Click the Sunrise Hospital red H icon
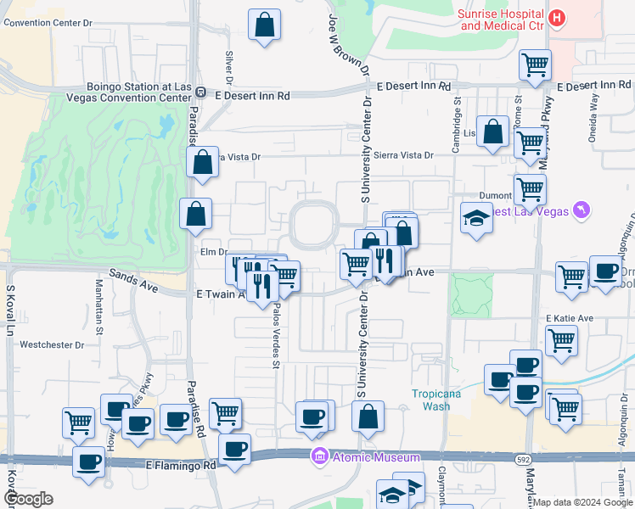pyautogui.click(x=557, y=18)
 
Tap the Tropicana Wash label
pyautogui.click(x=430, y=400)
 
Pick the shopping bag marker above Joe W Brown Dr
pyautogui.click(x=265, y=25)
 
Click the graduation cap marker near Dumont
pyautogui.click(x=476, y=219)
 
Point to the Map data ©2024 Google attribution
pyautogui.click(x=583, y=502)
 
